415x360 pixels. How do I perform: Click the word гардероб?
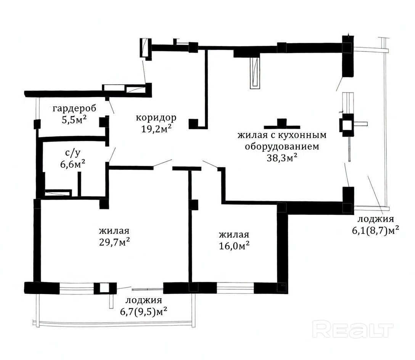[x=74, y=109]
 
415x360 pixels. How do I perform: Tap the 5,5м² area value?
[x=74, y=120]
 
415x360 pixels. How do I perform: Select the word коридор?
[x=156, y=117]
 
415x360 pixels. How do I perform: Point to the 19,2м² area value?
[x=156, y=129]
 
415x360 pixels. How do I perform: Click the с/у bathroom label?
[x=73, y=153]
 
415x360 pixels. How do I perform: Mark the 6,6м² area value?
[x=73, y=164]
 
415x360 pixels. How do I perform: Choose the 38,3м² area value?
[x=282, y=158]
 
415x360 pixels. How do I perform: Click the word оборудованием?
[x=282, y=146]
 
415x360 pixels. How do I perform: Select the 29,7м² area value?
[x=114, y=242]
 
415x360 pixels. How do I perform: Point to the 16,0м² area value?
[x=234, y=246]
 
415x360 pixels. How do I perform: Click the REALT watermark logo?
[x=353, y=329]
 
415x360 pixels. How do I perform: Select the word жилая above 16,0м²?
[x=234, y=235]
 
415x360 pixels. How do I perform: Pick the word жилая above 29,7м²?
[x=114, y=231]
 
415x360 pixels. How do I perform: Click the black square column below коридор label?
[x=193, y=124]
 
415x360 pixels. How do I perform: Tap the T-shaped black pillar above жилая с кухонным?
[x=282, y=124]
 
